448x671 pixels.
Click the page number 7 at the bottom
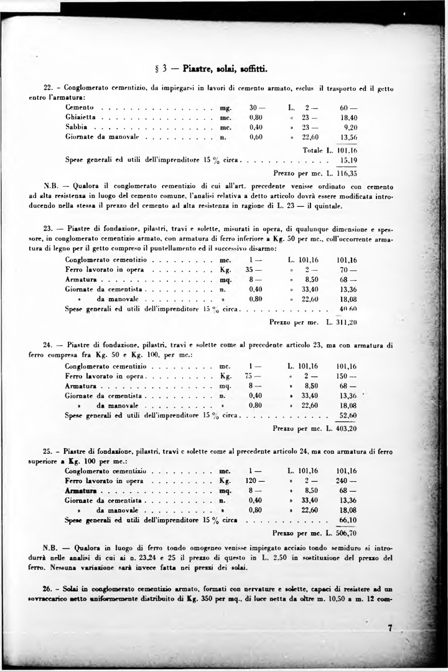click(390, 629)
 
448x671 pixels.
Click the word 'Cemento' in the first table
click(80, 107)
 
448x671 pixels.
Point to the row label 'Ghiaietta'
click(82, 116)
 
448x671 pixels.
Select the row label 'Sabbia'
click(77, 126)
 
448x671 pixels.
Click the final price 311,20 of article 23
click(346, 322)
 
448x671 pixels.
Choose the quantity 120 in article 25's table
click(252, 481)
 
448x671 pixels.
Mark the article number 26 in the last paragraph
click(47, 588)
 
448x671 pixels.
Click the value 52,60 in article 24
click(347, 415)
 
